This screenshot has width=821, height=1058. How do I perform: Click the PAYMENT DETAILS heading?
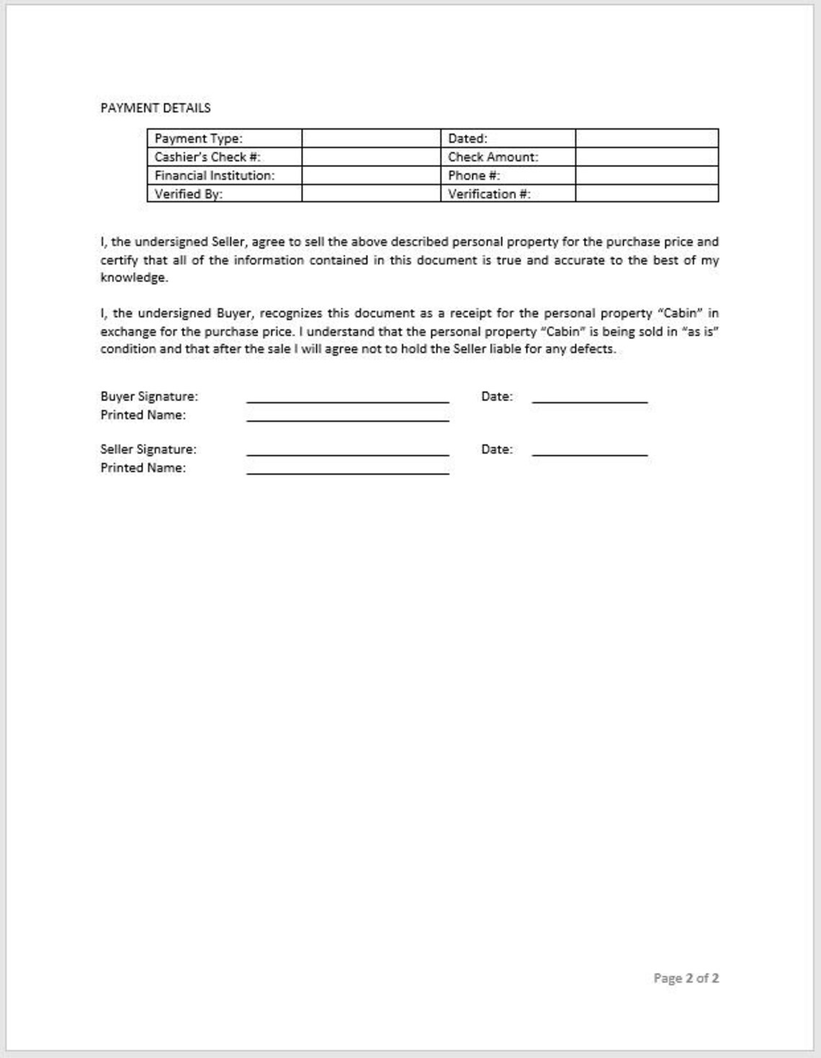(x=156, y=108)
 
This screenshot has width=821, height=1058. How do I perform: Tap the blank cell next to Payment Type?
(x=370, y=138)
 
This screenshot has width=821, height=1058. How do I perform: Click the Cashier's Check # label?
(x=207, y=157)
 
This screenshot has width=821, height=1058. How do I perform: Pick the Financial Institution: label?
(x=215, y=176)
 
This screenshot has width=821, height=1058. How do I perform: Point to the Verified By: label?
(x=189, y=194)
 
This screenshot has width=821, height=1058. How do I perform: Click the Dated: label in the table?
(x=467, y=138)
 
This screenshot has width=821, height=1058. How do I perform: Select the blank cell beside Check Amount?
(x=646, y=157)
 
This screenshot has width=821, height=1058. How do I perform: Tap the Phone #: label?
(x=474, y=176)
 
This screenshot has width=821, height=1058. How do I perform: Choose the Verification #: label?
(x=489, y=194)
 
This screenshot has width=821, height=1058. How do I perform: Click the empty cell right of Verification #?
(x=646, y=194)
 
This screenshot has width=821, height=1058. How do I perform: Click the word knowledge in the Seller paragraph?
(x=134, y=278)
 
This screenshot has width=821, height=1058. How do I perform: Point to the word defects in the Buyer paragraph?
(x=593, y=349)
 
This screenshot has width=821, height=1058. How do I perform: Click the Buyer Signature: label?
(x=149, y=396)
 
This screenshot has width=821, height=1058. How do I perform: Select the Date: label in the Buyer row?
(x=497, y=396)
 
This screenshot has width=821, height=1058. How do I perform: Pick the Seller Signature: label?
(x=148, y=449)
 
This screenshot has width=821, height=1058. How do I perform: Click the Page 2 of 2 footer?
(x=686, y=978)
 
